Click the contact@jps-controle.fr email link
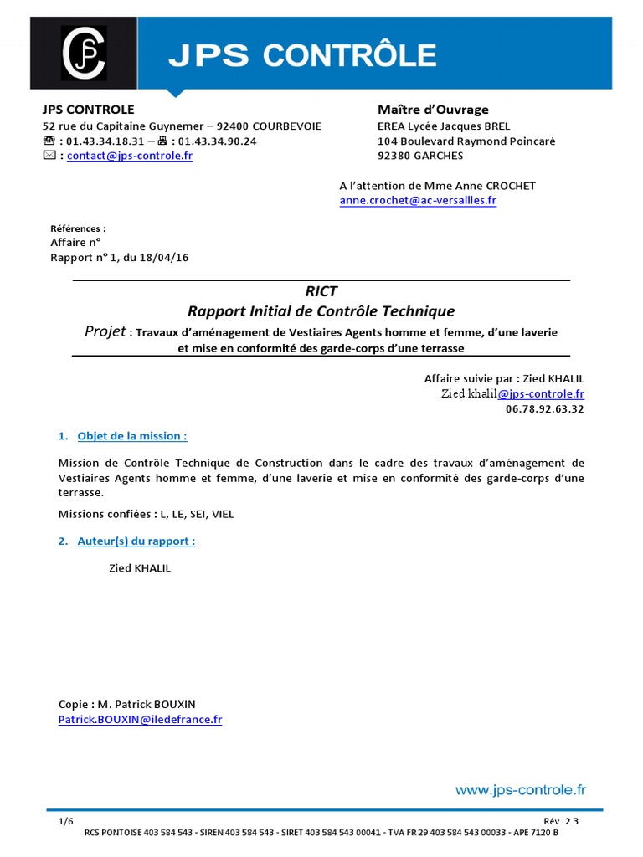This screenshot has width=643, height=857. coord(130,157)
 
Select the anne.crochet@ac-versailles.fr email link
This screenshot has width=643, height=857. coord(418,202)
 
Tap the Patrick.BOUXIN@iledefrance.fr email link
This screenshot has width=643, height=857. coord(140,720)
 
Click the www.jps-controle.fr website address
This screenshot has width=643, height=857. coord(520,789)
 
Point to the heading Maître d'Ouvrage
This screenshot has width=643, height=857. coord(433,110)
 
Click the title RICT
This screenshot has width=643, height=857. coord(321,292)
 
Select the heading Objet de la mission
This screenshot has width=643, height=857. coord(131,436)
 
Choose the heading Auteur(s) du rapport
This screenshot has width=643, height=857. coord(136,541)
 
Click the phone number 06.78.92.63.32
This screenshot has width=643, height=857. coord(545,409)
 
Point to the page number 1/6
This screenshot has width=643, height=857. coord(66,822)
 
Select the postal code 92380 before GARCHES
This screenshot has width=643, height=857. coord(394,156)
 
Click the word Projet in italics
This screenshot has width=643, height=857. coord(105,331)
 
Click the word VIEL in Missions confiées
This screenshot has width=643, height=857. coord(224,515)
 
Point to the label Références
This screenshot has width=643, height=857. coord(78,228)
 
